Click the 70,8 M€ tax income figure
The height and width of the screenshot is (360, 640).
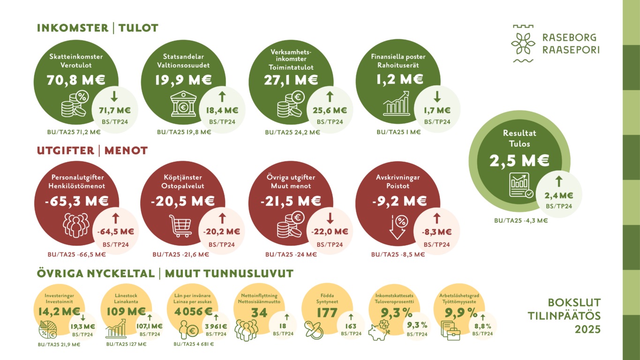75,80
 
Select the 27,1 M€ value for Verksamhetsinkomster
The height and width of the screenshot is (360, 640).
291,80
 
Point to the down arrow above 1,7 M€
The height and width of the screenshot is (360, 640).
437,97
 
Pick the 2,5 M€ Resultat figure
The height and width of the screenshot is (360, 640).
520,161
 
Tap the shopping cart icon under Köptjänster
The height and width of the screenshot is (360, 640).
181,226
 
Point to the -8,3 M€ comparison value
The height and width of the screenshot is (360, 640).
437,232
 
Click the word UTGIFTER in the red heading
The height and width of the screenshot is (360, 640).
66,151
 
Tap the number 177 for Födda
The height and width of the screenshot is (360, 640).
327,313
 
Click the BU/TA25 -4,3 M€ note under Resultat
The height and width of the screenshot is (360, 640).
520,220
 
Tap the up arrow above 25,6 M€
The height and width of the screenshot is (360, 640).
330,97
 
